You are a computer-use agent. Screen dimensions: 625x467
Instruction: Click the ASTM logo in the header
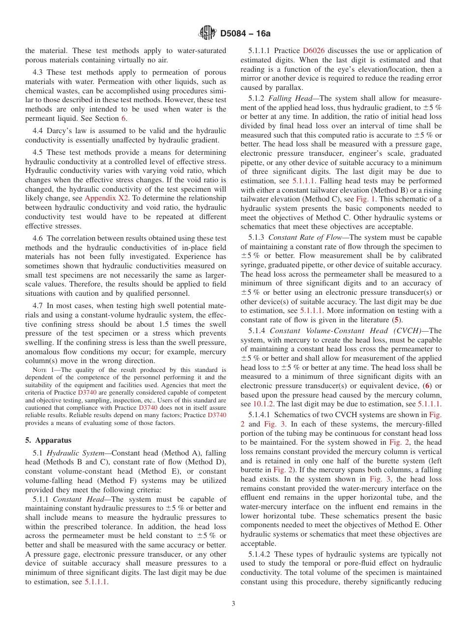point(207,33)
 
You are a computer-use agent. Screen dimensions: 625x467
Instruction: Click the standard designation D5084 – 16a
point(245,33)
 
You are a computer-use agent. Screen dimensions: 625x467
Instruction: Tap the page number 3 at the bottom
point(233,603)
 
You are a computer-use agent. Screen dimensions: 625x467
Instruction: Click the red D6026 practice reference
point(314,51)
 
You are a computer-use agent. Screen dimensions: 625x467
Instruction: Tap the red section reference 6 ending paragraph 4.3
point(123,118)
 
